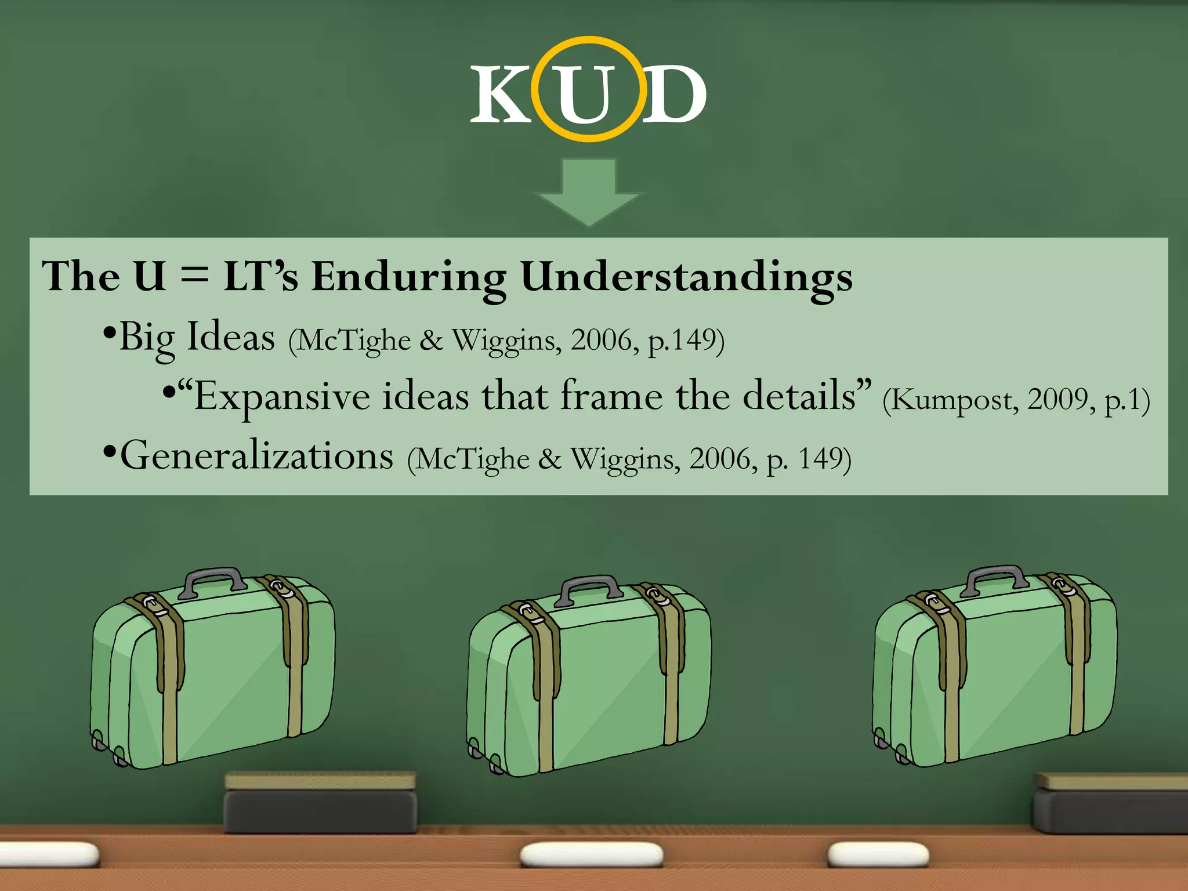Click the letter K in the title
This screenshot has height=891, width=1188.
coord(500,94)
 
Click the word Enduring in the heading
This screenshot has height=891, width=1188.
coord(408,277)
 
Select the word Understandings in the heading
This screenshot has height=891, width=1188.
coord(686,277)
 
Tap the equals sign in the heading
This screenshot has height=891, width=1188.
coord(194,274)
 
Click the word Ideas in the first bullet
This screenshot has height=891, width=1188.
coord(231,338)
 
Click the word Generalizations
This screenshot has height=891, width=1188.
coord(257,457)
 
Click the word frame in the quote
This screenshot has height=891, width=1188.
coord(611,396)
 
